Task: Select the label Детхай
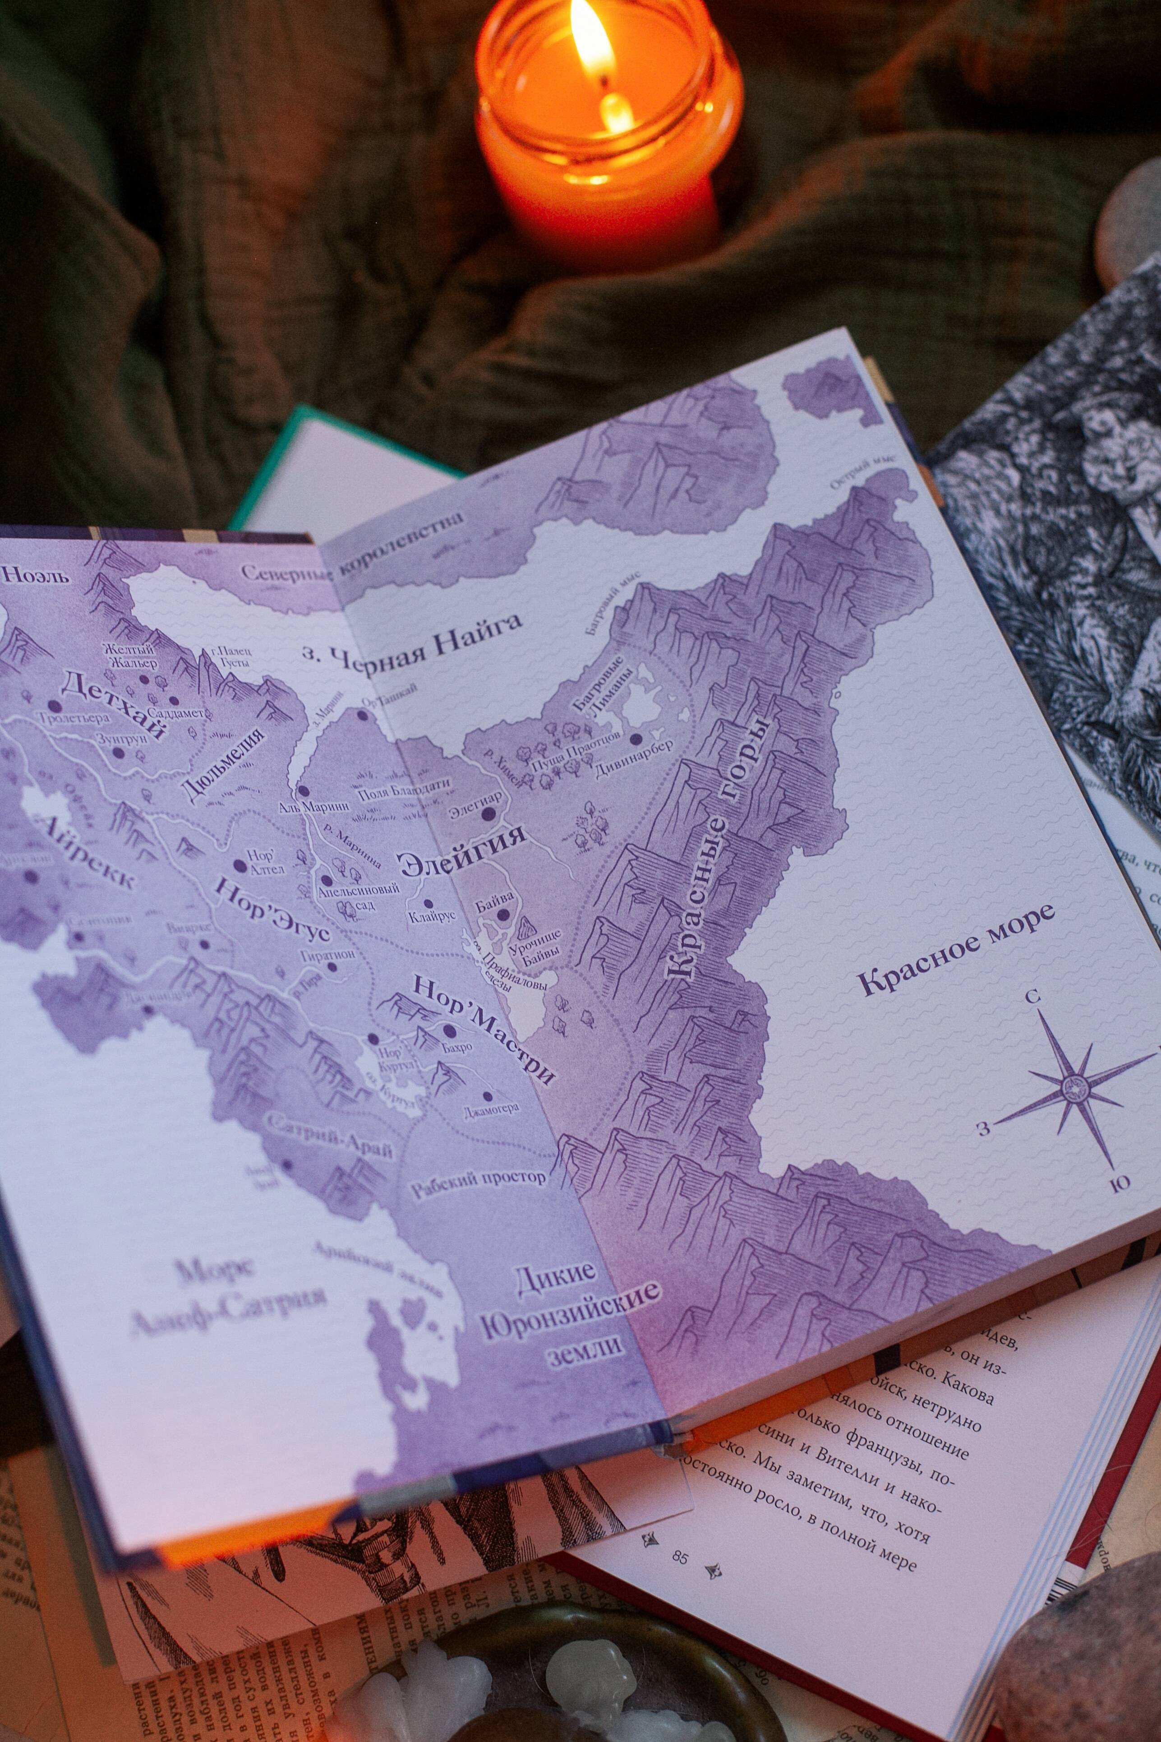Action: tap(113, 704)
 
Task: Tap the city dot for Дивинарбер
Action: tap(635, 739)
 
